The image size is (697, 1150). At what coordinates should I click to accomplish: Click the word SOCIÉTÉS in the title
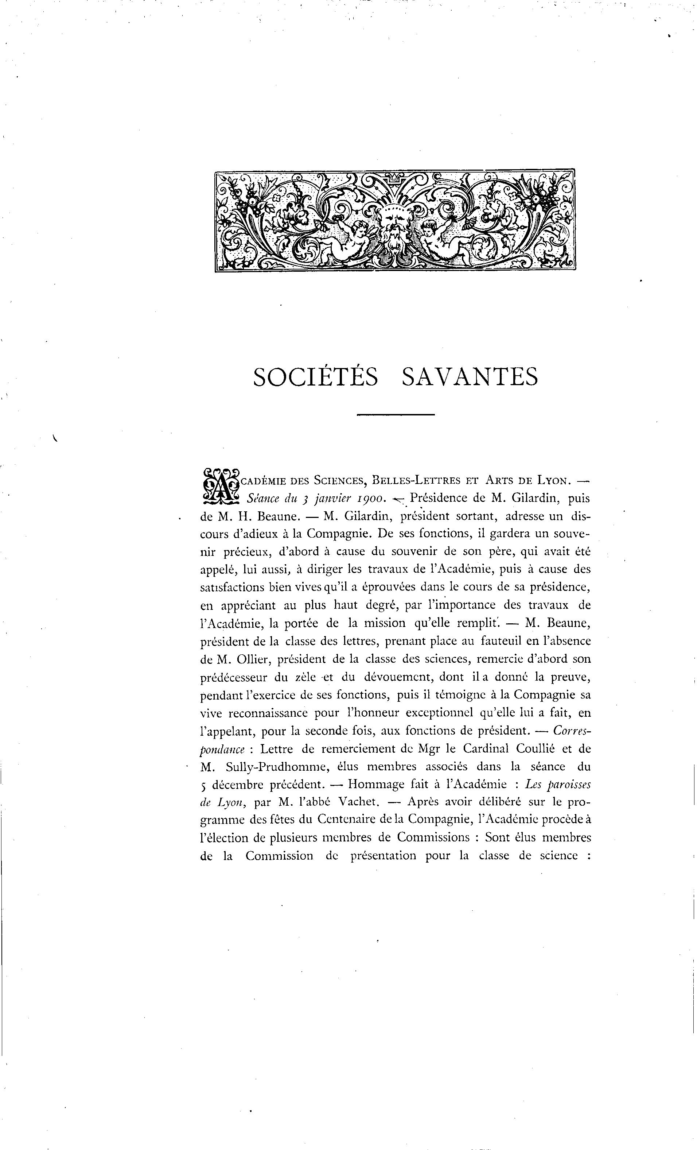coord(315,377)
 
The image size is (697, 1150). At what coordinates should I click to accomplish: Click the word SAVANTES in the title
coord(469,377)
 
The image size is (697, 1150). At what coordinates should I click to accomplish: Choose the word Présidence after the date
coord(440,498)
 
